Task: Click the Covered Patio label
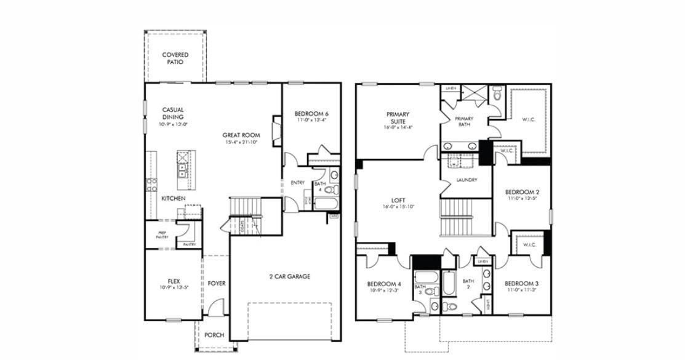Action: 175,58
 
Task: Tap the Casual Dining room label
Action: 173,113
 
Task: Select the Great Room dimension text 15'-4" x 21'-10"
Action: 241,142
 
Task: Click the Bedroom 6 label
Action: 311,114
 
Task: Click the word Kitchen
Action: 174,199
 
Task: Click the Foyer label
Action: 216,284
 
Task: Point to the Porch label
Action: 214,335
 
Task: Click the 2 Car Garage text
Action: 289,276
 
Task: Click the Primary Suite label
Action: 398,118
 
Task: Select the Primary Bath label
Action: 464,122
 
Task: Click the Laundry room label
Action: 467,180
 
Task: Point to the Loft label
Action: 398,201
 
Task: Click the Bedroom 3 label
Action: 521,284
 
